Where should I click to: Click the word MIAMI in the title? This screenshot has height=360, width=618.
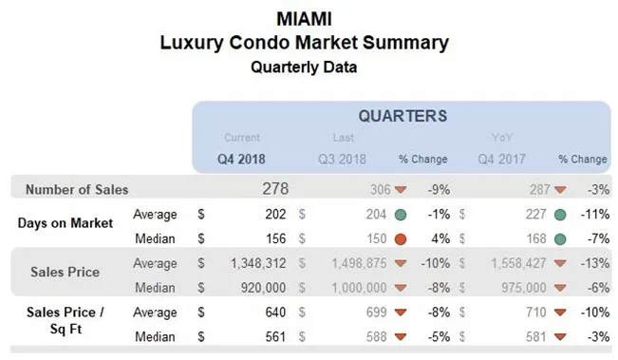click(308, 19)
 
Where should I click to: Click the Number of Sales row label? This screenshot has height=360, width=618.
click(77, 189)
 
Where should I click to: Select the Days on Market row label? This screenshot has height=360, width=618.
click(65, 223)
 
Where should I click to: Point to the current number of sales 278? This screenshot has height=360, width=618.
click(275, 189)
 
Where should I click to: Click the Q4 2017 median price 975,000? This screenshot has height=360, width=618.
click(518, 285)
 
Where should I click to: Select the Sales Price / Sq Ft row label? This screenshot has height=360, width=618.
click(65, 320)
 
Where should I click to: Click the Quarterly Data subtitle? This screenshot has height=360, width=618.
click(308, 67)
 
